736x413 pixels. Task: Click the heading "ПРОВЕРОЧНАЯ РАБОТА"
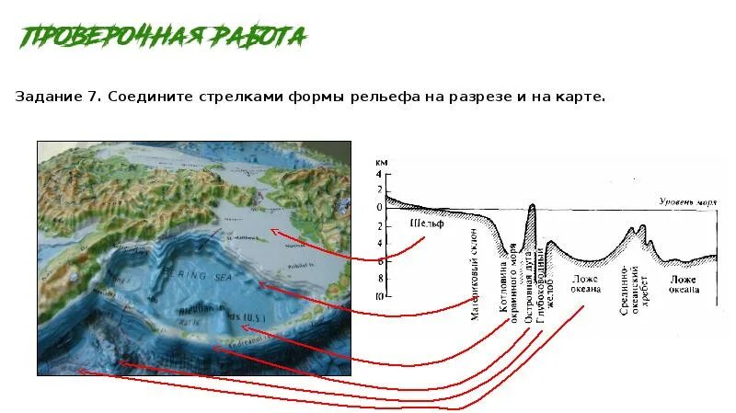point(164,37)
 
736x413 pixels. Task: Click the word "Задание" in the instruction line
point(45,97)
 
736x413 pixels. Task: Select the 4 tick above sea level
point(377,173)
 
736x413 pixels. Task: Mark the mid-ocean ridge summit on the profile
point(642,225)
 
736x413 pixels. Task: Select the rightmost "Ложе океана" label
point(684,283)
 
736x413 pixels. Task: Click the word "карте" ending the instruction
point(582,97)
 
